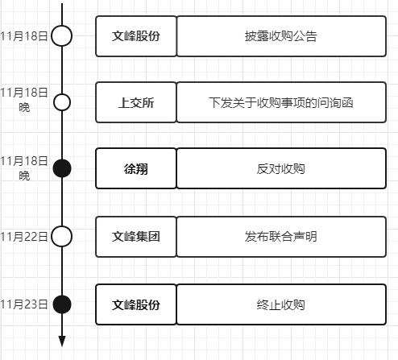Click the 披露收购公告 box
[281, 36]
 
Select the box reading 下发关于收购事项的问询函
[281, 102]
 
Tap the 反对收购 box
[281, 168]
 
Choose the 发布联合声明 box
[281, 237]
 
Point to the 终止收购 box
[281, 304]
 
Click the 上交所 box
[136, 102]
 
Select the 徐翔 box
[136, 168]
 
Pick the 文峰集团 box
[136, 237]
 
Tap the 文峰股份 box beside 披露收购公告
[136, 36]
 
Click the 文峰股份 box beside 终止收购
[136, 304]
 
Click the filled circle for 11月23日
[62, 304]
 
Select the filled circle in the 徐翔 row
[62, 168]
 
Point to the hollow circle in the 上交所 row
[62, 95]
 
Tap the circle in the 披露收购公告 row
[62, 27]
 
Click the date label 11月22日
[24, 237]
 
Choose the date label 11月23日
[24, 304]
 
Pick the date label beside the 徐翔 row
[24, 168]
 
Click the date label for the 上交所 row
[24, 100]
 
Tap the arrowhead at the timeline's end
[62, 341]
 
